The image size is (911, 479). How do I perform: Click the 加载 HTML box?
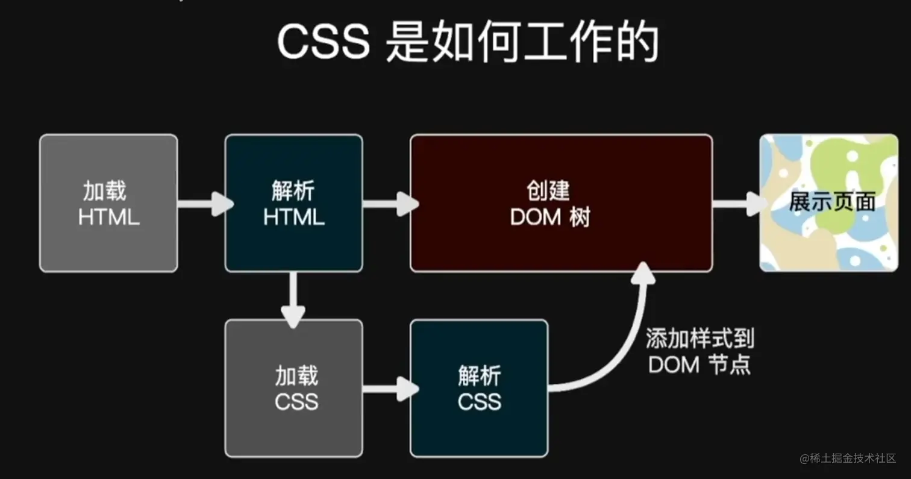[x=108, y=203]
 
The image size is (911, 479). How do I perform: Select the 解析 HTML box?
[x=293, y=203]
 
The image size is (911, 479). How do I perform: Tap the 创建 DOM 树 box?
[x=561, y=203]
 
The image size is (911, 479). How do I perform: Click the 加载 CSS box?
[x=293, y=388]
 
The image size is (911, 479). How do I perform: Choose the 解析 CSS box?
[x=479, y=388]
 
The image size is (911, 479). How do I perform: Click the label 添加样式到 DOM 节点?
[x=700, y=352]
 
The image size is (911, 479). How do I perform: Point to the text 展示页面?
[x=831, y=202]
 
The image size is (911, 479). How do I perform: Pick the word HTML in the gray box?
[x=108, y=217]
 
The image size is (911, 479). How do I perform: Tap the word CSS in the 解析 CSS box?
[x=479, y=401]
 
